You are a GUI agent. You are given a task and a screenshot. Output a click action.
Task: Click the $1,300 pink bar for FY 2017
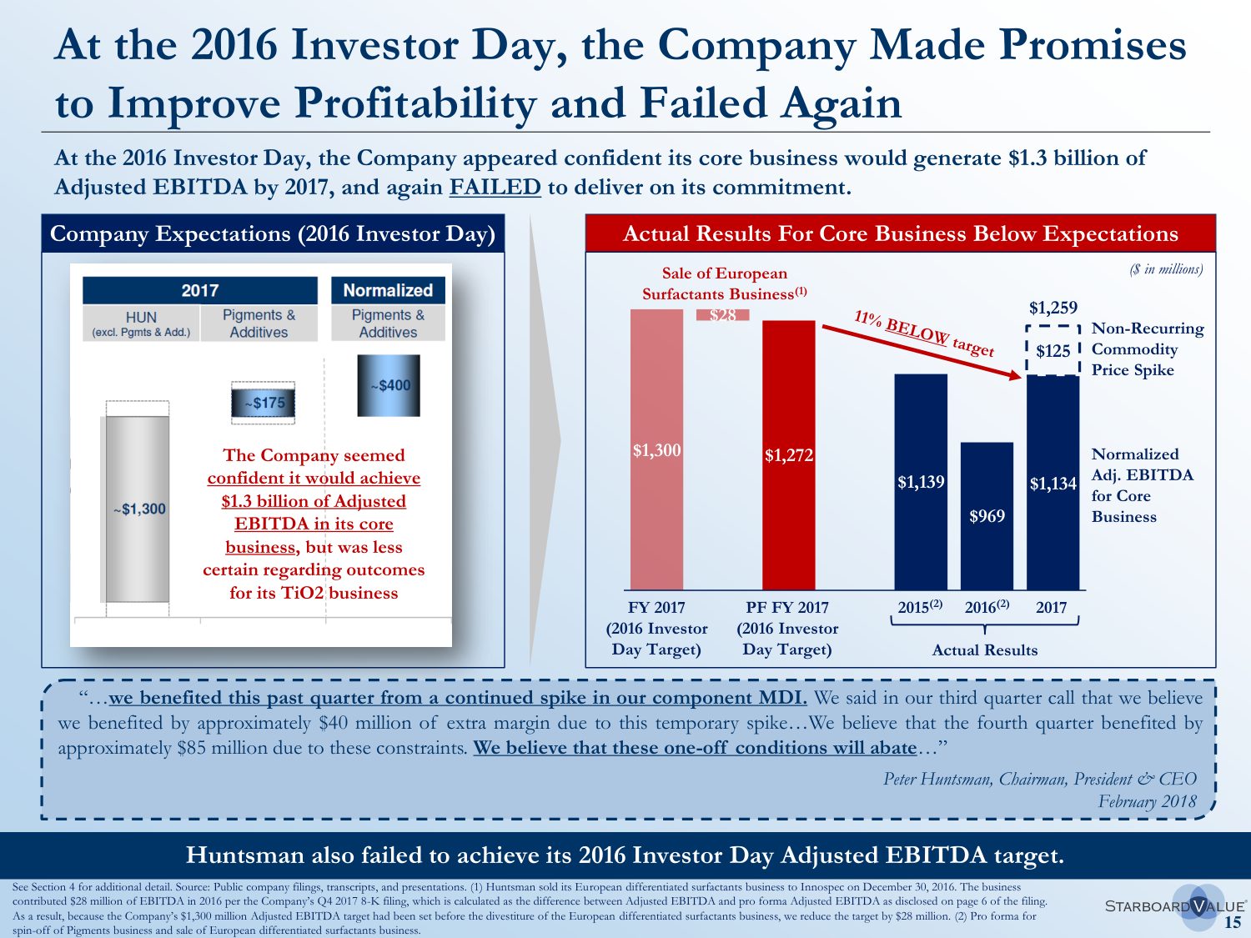(656, 450)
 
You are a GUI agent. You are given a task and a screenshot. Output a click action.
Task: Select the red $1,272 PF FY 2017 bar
(788, 455)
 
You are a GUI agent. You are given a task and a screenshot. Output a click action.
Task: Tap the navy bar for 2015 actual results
(921, 482)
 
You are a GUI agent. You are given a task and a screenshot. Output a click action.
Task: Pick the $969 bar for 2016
(987, 516)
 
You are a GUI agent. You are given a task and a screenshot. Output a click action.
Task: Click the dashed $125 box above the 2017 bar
(1053, 350)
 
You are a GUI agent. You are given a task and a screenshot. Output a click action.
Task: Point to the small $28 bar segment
(723, 315)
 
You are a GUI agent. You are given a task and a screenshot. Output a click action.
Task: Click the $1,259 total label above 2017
(1053, 308)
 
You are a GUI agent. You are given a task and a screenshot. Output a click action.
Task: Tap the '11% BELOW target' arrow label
(924, 333)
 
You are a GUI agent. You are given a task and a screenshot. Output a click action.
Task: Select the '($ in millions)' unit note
(1166, 268)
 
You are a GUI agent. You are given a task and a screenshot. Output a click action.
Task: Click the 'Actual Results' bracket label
(985, 650)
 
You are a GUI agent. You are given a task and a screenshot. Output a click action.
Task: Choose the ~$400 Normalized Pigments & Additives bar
(389, 385)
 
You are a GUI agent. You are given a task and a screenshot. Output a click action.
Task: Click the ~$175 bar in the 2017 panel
(264, 403)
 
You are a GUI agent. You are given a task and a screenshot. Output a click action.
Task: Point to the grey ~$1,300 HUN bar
(138, 509)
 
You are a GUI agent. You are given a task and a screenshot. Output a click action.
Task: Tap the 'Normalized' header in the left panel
(388, 290)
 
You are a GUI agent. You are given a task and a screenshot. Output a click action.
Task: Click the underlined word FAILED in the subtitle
(495, 187)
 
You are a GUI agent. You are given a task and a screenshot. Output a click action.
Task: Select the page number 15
(1232, 922)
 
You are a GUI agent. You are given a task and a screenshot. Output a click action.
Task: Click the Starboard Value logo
(1175, 906)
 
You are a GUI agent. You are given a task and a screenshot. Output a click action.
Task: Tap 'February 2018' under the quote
(1147, 802)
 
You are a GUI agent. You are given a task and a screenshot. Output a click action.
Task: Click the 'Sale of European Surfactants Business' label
(724, 283)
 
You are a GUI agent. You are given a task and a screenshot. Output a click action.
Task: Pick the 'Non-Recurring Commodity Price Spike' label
(1147, 349)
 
